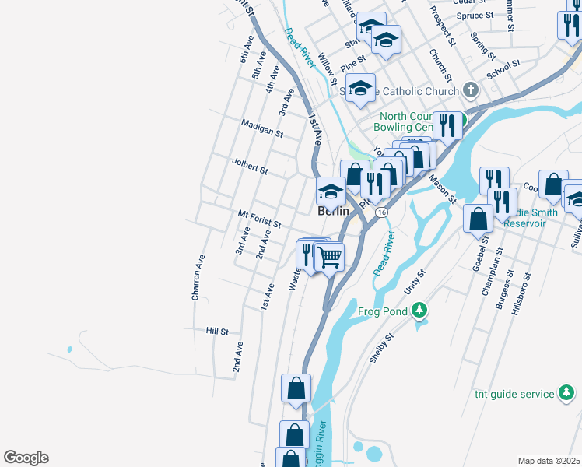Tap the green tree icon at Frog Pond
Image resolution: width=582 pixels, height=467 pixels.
point(419,311)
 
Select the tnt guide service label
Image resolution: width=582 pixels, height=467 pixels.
point(514,394)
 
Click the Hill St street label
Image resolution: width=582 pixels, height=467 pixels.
point(217,332)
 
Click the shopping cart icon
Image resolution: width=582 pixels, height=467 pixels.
point(330,256)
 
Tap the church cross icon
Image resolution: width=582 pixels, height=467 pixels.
point(470,91)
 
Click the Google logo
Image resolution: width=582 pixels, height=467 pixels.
point(26,458)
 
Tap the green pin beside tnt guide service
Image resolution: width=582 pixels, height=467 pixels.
point(568,395)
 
